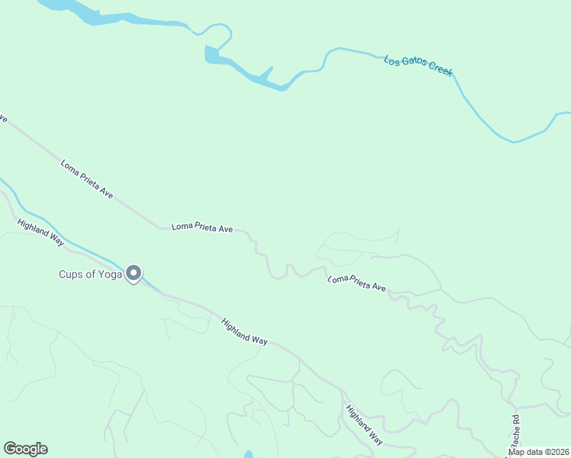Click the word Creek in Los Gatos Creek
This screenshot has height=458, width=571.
440,69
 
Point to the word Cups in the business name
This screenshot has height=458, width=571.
73,275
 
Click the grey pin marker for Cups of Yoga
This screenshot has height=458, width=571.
134,273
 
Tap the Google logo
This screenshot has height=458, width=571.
25,449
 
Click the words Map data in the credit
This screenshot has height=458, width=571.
526,452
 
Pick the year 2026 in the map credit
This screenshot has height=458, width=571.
558,452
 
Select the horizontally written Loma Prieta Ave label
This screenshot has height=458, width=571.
202,227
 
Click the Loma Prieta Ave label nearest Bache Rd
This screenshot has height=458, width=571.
356,283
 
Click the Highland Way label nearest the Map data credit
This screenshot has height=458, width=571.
364,424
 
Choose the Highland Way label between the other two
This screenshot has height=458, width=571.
244,332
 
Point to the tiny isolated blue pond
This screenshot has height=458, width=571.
248,455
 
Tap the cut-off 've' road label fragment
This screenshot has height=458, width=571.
3,119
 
